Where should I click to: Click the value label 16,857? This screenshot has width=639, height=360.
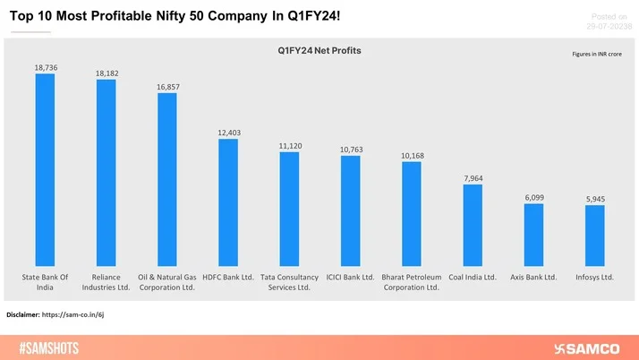tap(166, 86)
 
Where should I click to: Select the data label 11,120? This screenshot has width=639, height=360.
tap(289, 144)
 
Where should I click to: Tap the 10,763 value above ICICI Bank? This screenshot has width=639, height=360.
tap(350, 149)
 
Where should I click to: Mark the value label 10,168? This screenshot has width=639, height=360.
tap(412, 154)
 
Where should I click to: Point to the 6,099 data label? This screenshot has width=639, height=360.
tap(533, 197)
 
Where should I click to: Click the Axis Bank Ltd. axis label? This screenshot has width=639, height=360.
tap(533, 278)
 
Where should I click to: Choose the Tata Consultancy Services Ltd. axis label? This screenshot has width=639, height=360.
tap(289, 282)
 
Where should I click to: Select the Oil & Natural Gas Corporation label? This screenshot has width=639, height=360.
tap(166, 282)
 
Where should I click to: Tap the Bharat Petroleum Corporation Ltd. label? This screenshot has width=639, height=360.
tap(412, 282)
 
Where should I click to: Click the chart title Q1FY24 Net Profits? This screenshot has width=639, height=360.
tap(319, 51)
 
